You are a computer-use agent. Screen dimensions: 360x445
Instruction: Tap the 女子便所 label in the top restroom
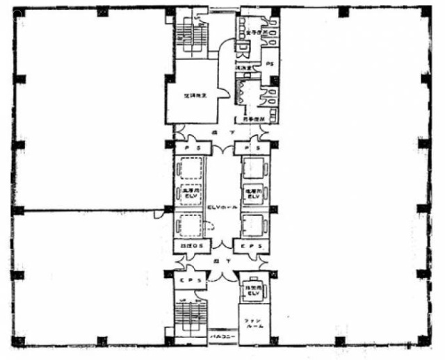(x=255, y=32)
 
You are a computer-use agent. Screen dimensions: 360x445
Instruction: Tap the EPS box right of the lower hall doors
(x=250, y=246)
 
